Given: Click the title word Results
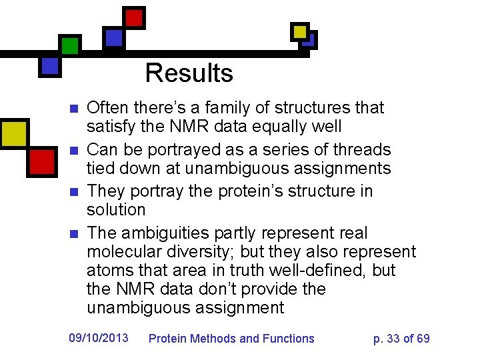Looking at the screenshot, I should (189, 73).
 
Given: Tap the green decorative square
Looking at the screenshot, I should (70, 45).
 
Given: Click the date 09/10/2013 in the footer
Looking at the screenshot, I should (99, 338).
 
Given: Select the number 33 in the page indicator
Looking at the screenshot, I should (393, 339).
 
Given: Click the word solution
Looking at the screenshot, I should (115, 209).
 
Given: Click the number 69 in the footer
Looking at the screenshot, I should (423, 339).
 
